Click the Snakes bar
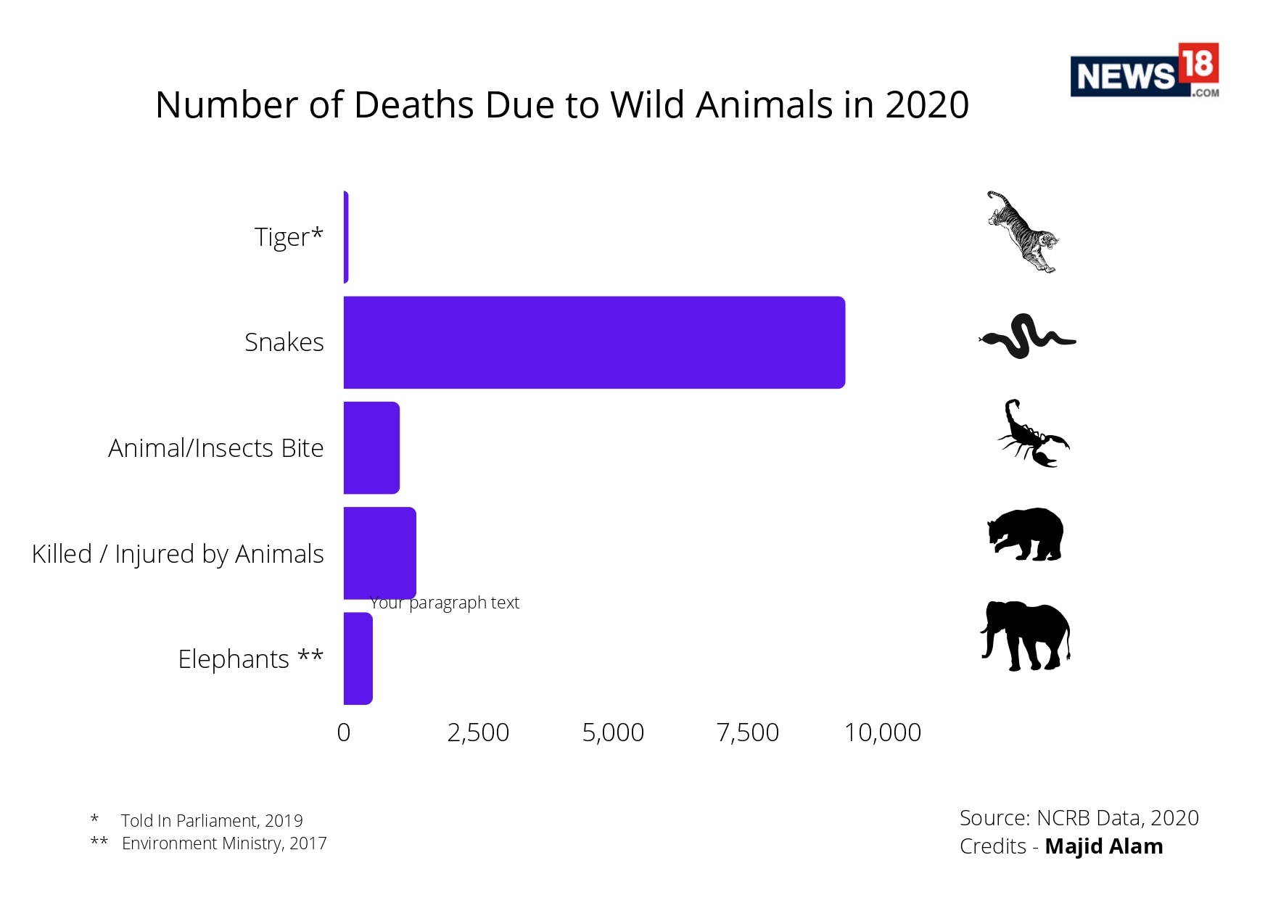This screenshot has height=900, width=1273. pyautogui.click(x=593, y=342)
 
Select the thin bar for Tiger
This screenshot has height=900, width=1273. pyautogui.click(x=346, y=237)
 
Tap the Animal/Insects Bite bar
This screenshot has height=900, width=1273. pyautogui.click(x=371, y=447)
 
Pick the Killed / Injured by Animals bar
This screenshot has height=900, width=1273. pyautogui.click(x=379, y=553)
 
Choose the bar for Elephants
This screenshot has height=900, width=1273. pyautogui.click(x=358, y=659)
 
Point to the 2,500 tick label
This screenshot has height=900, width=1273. pyautogui.click(x=478, y=732)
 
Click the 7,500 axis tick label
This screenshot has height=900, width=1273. pyautogui.click(x=747, y=732)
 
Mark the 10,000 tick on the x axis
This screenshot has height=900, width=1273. pyautogui.click(x=882, y=732)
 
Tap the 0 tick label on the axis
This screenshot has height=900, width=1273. pyautogui.click(x=344, y=732)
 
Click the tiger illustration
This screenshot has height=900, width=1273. pyautogui.click(x=1023, y=232)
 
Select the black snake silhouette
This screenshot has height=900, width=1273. pyautogui.click(x=1026, y=336)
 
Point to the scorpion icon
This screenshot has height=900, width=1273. pyautogui.click(x=1032, y=434)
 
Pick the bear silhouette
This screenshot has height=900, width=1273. pyautogui.click(x=1026, y=534)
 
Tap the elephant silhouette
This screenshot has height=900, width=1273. pyautogui.click(x=1026, y=636)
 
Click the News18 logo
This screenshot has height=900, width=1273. pyautogui.click(x=1144, y=70)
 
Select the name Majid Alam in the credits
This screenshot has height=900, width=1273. pyautogui.click(x=1103, y=846)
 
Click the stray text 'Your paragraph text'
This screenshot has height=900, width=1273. pyautogui.click(x=445, y=603)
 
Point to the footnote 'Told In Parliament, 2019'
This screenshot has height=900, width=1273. pyautogui.click(x=212, y=820)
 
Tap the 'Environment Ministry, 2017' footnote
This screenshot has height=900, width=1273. pyautogui.click(x=224, y=843)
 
